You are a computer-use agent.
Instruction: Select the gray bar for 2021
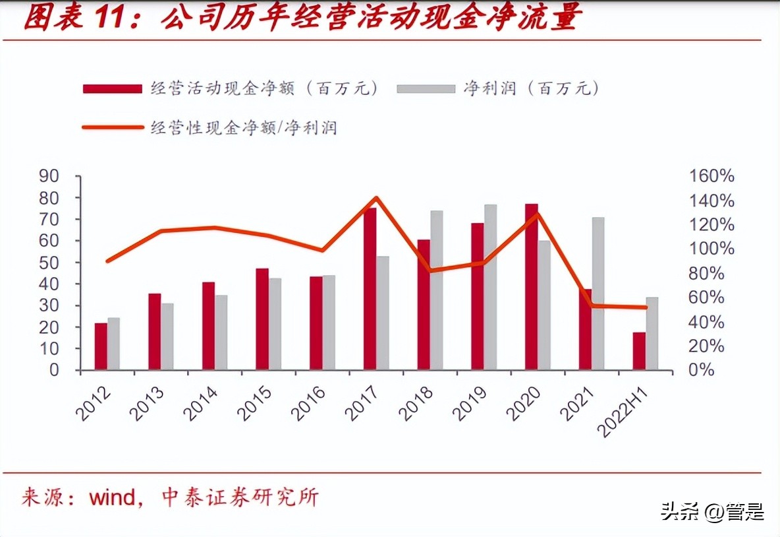click(598, 294)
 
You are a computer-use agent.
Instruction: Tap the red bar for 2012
click(101, 346)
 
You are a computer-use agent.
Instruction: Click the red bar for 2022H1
click(639, 351)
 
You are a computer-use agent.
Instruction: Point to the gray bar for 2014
click(221, 332)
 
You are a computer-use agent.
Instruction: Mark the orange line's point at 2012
click(107, 261)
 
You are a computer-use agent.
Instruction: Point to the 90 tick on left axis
click(49, 176)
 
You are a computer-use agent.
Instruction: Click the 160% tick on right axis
click(711, 176)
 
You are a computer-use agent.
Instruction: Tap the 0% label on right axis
click(702, 370)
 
